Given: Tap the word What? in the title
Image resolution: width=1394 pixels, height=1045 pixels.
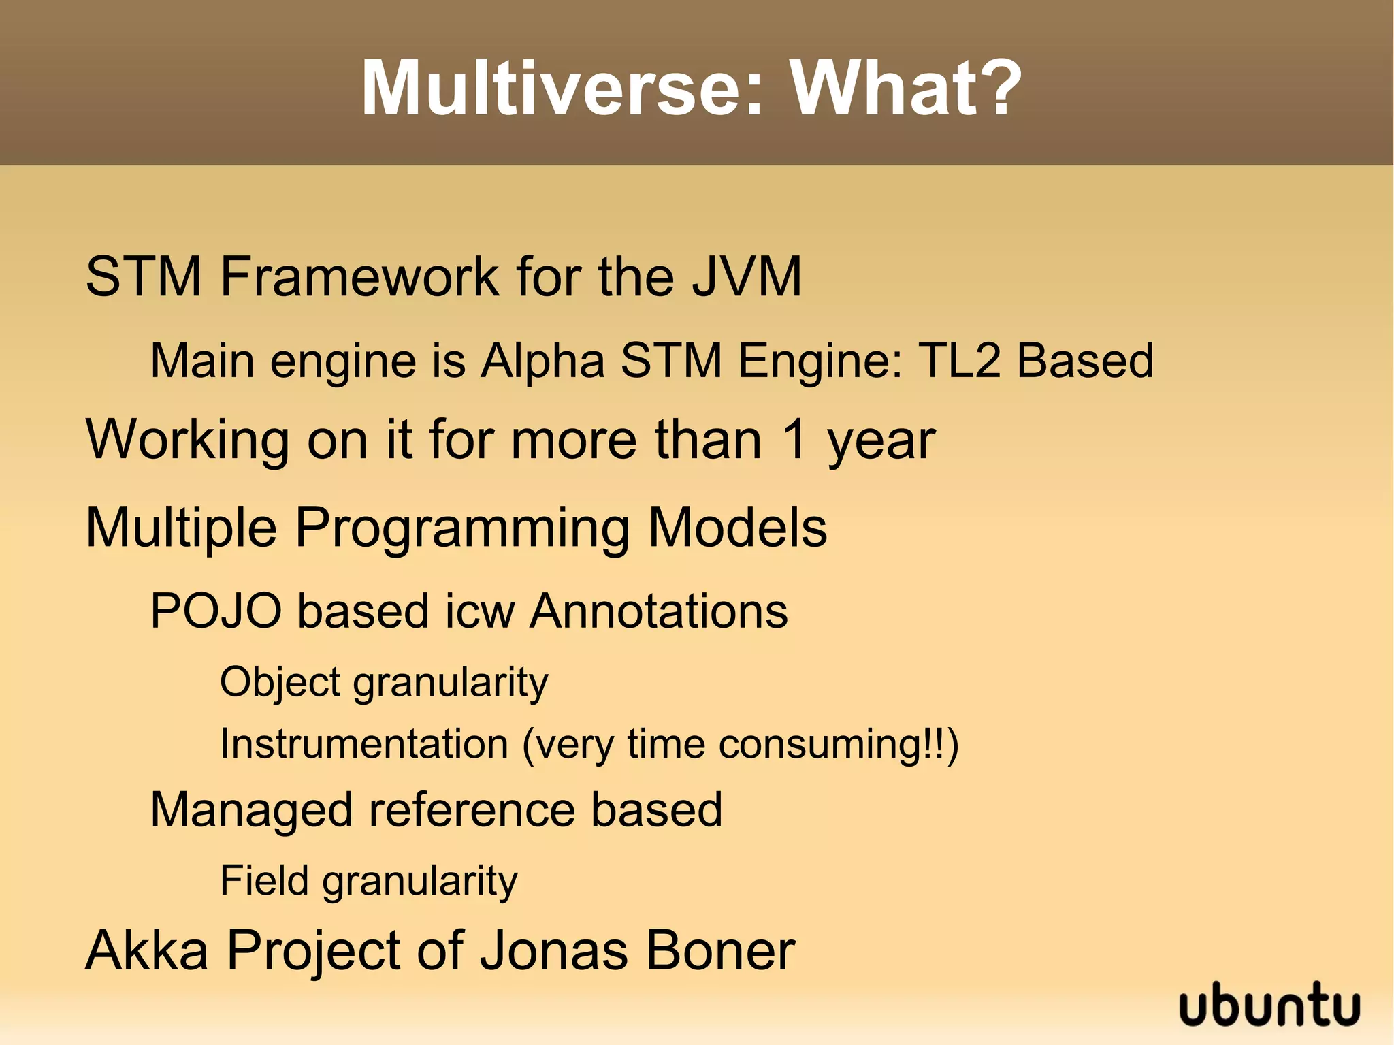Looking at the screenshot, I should (905, 89).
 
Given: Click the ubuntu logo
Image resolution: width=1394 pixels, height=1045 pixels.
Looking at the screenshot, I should (1269, 1006).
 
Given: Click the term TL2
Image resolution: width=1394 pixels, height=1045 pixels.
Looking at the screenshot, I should (960, 360).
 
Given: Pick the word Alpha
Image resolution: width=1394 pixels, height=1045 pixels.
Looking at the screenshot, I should (542, 361).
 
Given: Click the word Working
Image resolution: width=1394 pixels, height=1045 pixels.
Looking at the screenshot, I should (188, 440).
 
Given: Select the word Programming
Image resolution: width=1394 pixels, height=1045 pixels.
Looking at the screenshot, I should (462, 529).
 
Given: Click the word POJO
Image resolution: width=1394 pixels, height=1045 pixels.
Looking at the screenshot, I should (216, 611).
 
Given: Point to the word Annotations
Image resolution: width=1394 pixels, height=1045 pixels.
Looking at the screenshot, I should (659, 611).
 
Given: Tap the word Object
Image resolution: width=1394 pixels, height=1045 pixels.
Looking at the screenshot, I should (280, 683).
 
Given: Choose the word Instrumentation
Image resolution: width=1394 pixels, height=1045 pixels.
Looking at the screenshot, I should (364, 743).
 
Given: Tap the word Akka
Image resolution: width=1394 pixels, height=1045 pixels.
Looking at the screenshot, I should (147, 950).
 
